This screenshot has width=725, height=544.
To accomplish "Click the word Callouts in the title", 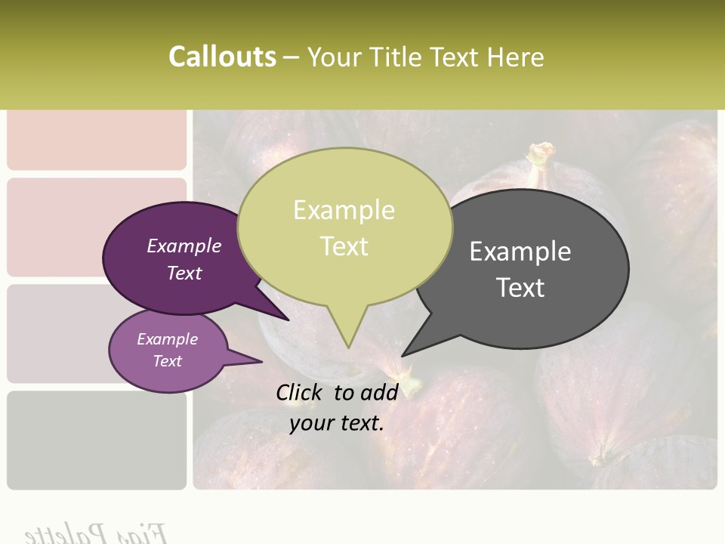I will (x=222, y=57).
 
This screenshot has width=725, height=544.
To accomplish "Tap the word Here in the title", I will (x=516, y=57).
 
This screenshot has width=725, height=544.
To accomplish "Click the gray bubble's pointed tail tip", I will (x=404, y=354).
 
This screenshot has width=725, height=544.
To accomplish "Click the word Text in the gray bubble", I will (x=520, y=288).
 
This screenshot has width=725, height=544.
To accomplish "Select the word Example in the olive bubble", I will (x=344, y=210).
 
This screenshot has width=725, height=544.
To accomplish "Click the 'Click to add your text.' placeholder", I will (x=336, y=407).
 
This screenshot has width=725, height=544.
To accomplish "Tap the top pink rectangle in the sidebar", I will (x=96, y=140).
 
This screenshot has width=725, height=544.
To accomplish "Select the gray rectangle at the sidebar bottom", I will (x=96, y=440).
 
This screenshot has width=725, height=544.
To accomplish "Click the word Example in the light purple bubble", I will (x=167, y=339).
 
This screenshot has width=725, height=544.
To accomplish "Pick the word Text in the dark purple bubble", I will (x=184, y=274).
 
